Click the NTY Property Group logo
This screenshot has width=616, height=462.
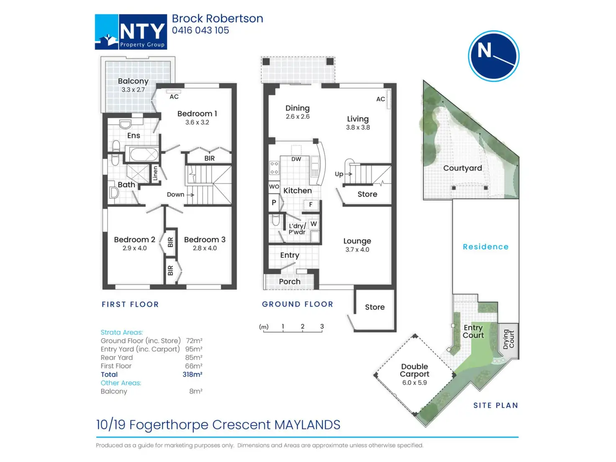[x=131, y=32]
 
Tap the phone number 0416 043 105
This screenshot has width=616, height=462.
[x=200, y=31]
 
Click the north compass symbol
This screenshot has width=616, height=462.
[x=493, y=56]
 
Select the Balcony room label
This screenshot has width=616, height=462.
[x=133, y=81]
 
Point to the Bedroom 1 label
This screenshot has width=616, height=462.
[x=197, y=114]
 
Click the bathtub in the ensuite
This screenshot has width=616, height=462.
[x=142, y=154]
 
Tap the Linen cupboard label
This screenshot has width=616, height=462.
[x=155, y=173]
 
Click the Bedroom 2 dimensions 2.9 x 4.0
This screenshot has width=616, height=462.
[x=134, y=248]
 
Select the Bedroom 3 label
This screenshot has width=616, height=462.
[x=205, y=240]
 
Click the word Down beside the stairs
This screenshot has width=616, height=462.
[x=175, y=195]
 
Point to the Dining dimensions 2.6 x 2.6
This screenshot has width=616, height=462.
[x=298, y=117]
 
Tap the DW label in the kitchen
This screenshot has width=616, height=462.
[x=296, y=159]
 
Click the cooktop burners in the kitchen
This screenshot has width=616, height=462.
[x=274, y=168]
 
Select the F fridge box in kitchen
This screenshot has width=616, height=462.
[x=311, y=205]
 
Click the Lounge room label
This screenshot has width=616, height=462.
[x=357, y=241]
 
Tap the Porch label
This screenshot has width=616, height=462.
[x=290, y=282]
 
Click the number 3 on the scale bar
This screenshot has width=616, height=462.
[x=322, y=326]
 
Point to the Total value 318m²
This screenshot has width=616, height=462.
[x=192, y=375]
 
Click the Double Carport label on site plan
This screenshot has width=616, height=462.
[x=414, y=370]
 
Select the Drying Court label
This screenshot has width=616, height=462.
[x=508, y=339]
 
